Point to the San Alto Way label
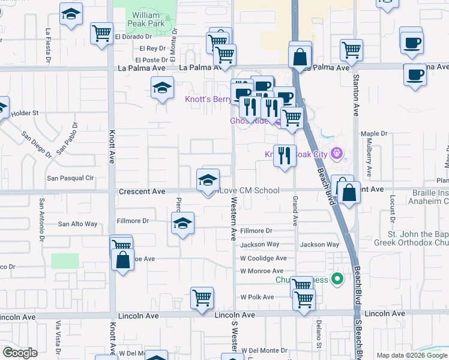[x=77, y=224]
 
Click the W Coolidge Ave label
[x=264, y=258]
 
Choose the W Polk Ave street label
[x=257, y=297]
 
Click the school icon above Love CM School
[x=208, y=179]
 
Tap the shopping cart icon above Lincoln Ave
[x=202, y=298]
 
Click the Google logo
[x=20, y=353]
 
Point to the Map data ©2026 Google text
[x=412, y=355]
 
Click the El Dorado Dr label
[x=131, y=37]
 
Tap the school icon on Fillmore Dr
[x=182, y=224]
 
